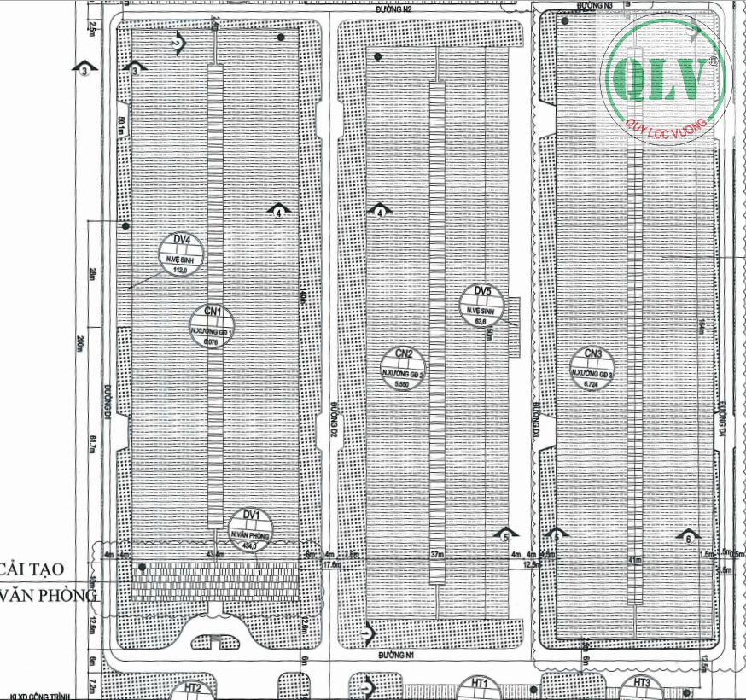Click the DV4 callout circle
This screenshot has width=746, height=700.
[179, 254]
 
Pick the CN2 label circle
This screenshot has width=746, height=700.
[404, 368]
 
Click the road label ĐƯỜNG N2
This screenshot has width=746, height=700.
[394, 9]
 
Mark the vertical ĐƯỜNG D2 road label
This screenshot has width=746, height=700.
[335, 423]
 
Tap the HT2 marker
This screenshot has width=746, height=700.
[193, 688]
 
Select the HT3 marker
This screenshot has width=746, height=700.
[641, 683]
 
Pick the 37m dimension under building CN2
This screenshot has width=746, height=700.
[437, 555]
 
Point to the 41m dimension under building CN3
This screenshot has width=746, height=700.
[633, 560]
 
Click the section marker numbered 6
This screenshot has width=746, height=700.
[688, 538]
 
